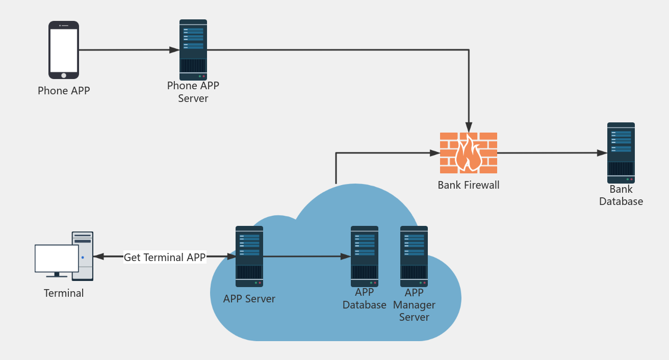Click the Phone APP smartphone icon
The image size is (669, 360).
point(64,49)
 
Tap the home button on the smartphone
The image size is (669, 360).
point(64,75)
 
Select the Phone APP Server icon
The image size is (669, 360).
point(193,49)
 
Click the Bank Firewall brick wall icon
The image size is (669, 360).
point(469,152)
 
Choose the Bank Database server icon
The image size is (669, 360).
point(621,152)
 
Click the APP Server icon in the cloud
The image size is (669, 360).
point(249,256)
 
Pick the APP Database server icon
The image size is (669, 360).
point(365,256)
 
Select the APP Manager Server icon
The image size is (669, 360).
point(414,256)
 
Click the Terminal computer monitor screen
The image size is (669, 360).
point(56,259)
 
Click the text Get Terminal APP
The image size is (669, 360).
point(164,258)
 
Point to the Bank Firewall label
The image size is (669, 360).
point(469,185)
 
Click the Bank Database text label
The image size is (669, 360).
point(621,195)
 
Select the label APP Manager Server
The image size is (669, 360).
point(414,305)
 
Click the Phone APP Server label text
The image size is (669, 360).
point(193,92)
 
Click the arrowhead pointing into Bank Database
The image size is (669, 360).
point(602,153)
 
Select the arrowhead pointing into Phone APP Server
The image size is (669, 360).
point(174,50)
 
